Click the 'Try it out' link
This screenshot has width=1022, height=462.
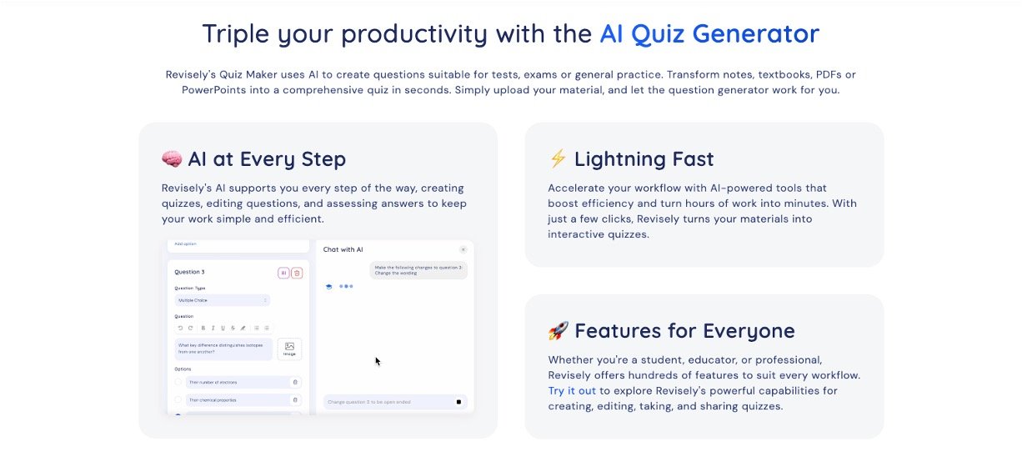[572, 390]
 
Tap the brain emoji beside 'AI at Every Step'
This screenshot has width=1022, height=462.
[172, 159]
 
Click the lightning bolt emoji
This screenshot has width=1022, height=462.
[558, 159]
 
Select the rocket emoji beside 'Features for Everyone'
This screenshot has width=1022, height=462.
[558, 331]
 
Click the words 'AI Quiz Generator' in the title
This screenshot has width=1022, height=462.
[709, 34]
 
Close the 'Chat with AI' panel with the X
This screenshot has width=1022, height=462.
[463, 249]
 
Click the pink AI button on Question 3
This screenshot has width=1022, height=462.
[283, 273]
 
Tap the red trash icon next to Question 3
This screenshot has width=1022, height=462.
[297, 273]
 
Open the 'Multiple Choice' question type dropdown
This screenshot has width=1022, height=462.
[222, 300]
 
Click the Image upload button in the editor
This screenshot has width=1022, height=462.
[289, 349]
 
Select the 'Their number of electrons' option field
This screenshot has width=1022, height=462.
[237, 382]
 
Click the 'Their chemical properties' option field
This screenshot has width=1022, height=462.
[237, 400]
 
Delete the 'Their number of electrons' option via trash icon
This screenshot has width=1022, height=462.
[294, 382]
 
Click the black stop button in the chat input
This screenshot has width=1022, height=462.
[458, 402]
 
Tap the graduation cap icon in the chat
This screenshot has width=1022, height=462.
[329, 286]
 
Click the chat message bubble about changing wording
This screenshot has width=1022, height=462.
[418, 269]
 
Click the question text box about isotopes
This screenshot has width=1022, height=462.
[223, 349]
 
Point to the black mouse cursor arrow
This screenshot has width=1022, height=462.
[378, 361]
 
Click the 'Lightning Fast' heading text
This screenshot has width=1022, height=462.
[644, 159]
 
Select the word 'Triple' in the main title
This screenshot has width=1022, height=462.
[238, 34]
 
